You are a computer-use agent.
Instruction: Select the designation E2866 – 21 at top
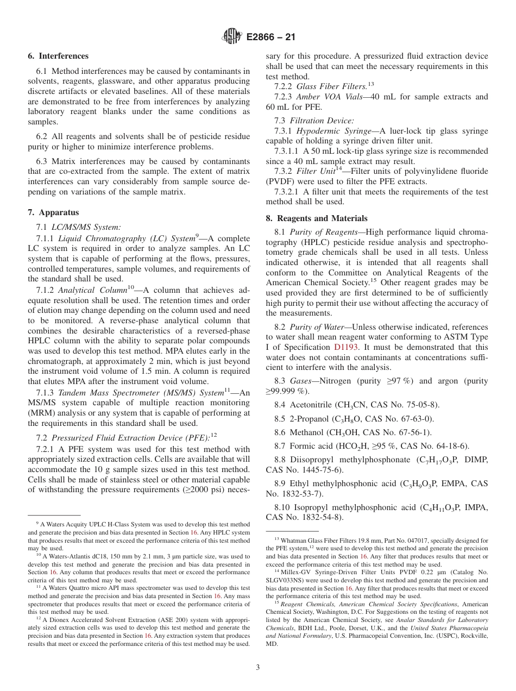(271, 37)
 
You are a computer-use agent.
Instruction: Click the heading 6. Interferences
(58, 56)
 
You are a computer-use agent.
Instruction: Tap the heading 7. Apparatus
(53, 212)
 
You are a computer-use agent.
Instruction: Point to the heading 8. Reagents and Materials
(317, 218)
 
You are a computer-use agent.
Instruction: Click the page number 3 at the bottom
(258, 668)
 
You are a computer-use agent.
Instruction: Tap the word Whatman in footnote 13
(293, 541)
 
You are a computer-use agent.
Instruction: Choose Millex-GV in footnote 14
(297, 572)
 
